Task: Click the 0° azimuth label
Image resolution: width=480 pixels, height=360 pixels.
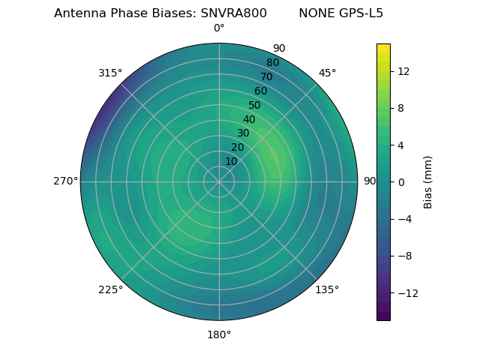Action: tap(219, 28)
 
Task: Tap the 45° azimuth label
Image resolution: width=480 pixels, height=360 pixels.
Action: tap(328, 73)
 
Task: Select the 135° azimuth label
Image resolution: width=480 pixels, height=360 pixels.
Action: tap(327, 289)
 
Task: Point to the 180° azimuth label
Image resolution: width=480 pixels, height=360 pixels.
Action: tap(219, 334)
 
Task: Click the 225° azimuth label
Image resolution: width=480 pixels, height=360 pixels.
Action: tap(110, 289)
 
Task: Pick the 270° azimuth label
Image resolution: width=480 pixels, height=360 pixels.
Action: tap(65, 181)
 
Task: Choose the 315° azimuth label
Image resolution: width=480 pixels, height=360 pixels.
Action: tap(110, 73)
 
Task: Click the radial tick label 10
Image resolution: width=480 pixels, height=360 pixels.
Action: tap(231, 161)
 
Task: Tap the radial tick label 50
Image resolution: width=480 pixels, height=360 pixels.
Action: tap(255, 106)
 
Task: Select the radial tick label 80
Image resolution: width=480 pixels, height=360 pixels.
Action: tap(273, 63)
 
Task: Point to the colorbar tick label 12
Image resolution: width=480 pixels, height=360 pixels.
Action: tap(403, 71)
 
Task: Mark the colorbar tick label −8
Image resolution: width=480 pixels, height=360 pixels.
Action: tap(403, 256)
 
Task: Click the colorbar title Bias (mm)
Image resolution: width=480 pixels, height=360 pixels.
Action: tap(428, 182)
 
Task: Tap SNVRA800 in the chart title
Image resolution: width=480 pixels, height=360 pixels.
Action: tap(233, 13)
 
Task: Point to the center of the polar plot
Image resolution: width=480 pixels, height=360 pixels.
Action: tap(219, 181)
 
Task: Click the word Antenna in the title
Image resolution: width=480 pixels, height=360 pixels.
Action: tap(78, 13)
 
